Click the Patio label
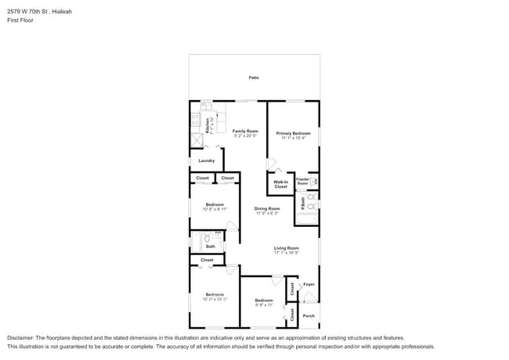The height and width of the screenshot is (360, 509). (x=254, y=77)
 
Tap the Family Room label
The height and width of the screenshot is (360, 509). (x=245, y=131)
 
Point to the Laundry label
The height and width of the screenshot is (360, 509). (x=206, y=160)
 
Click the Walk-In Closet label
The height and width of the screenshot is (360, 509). (x=280, y=185)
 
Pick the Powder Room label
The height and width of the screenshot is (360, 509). (x=302, y=181)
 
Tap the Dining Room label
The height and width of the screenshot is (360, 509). (x=267, y=208)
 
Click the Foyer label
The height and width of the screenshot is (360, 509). (x=309, y=284)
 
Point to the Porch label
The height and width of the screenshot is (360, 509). (x=309, y=315)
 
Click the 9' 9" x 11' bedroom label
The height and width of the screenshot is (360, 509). (x=264, y=300)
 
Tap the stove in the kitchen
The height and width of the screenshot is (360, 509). (x=196, y=121)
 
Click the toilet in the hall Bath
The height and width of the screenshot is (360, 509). (x=207, y=237)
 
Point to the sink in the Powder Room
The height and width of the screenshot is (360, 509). (x=314, y=182)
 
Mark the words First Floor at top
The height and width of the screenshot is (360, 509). (x=20, y=20)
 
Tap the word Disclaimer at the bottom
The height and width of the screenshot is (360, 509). (x=23, y=338)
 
